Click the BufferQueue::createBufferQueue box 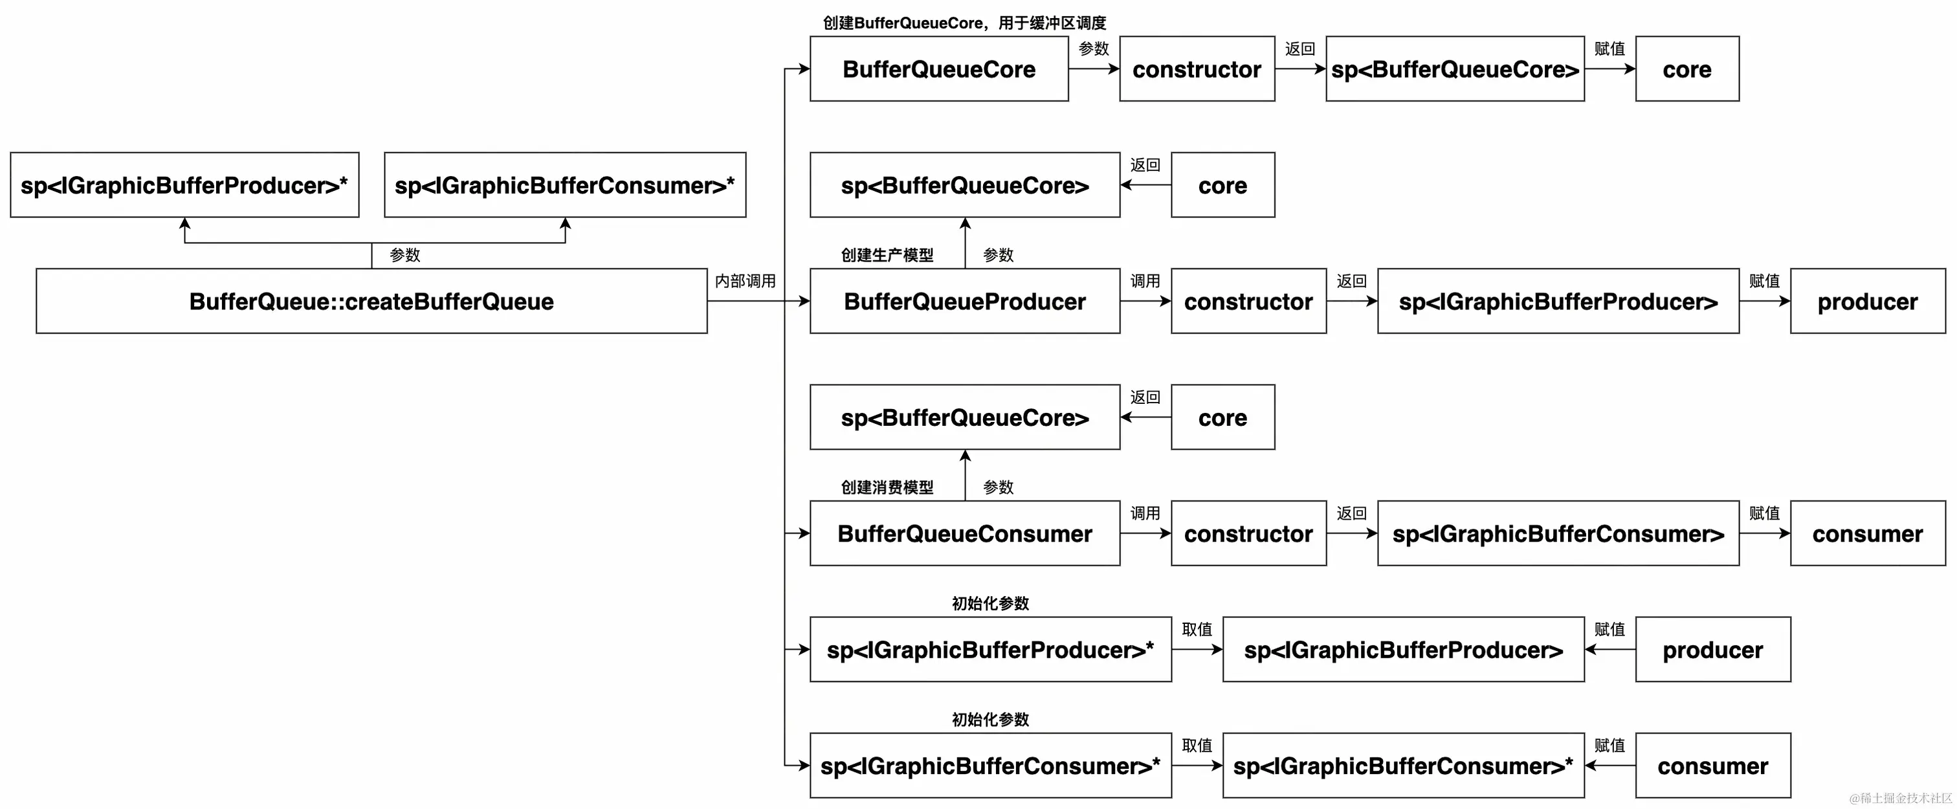click(371, 301)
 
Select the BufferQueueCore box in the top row click(938, 69)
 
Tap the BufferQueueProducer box click(964, 301)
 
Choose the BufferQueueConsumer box click(964, 533)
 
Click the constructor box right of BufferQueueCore click(1197, 69)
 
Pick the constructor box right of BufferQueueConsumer click(1248, 533)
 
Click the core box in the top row click(1686, 69)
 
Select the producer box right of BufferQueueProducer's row click(1867, 301)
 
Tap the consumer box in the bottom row click(1712, 766)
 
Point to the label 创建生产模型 click(887, 255)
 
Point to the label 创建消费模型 click(887, 487)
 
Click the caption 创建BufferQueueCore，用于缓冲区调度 click(964, 23)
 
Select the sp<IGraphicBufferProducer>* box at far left click(184, 184)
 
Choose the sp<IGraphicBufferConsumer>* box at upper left click(564, 184)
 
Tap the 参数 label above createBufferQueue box click(404, 255)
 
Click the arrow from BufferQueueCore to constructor click(1093, 69)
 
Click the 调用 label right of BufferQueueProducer click(1145, 281)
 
